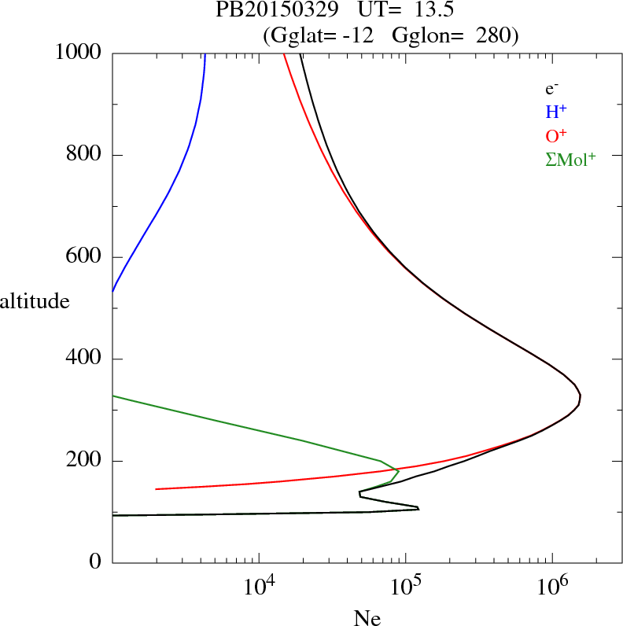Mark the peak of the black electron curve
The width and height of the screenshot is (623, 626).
point(581,400)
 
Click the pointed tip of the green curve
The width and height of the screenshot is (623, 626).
point(399,471)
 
